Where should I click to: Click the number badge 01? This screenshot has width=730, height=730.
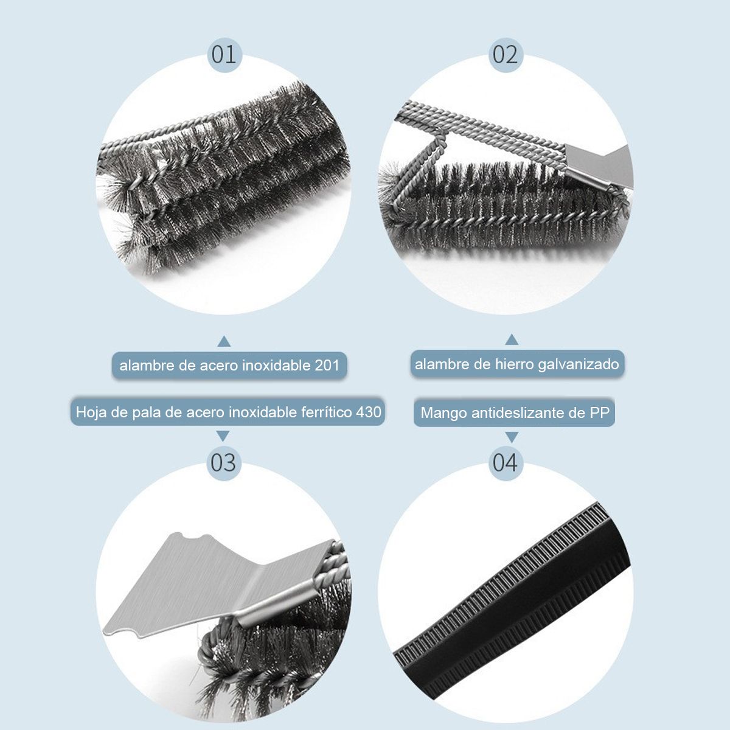point(224,55)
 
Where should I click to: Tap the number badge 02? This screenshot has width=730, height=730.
point(506,55)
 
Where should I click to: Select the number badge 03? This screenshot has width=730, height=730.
point(224,463)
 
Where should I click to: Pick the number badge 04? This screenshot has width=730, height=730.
point(506,463)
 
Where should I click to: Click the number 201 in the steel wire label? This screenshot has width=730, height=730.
point(327,366)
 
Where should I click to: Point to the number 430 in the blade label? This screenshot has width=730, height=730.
point(369,412)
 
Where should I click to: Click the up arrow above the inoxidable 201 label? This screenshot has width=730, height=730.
point(224,341)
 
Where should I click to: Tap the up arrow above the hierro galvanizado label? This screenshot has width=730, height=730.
point(512,339)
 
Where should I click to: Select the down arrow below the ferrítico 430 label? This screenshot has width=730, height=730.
point(223,436)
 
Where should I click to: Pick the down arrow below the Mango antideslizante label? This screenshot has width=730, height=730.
point(512,437)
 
